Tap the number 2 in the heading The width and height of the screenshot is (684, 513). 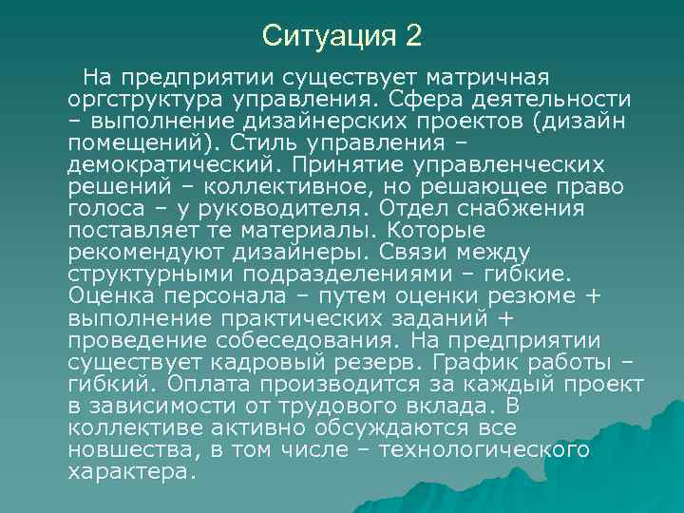click(x=412, y=37)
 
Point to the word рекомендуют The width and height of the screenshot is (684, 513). click(x=145, y=252)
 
